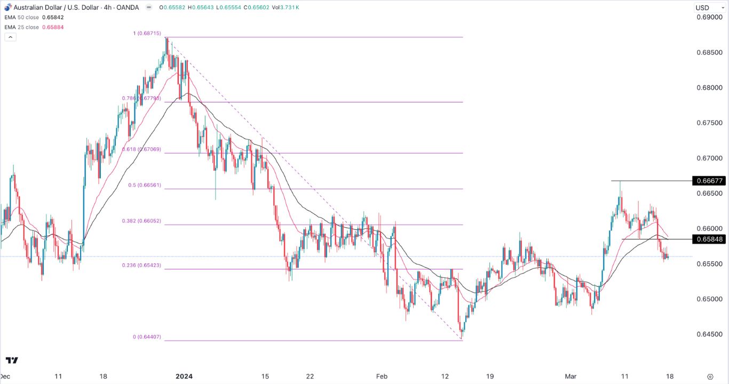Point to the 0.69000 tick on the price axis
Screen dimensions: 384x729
(709, 18)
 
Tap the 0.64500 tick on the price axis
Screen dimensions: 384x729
(709, 334)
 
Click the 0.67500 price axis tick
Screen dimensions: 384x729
(709, 123)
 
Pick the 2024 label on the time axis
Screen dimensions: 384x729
(184, 376)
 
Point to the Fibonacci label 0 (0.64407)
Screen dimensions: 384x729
(146, 337)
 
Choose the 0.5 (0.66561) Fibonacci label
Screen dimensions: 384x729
(144, 186)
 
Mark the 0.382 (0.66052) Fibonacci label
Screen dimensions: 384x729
(142, 221)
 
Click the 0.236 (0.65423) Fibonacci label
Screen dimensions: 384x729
(142, 265)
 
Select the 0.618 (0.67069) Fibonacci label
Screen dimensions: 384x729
(142, 150)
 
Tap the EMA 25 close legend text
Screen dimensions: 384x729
(21, 27)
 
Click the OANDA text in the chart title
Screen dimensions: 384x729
(128, 7)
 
